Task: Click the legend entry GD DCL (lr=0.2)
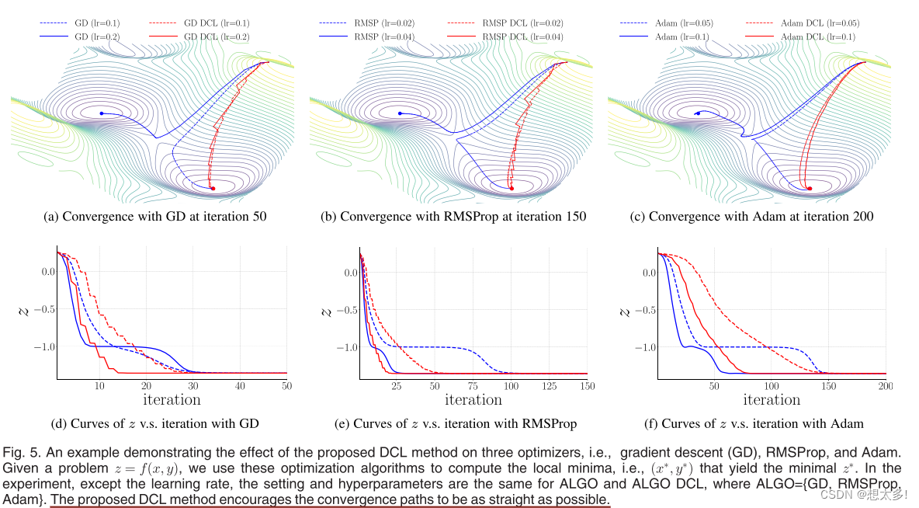(x=217, y=36)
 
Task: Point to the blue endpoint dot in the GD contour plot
(x=101, y=114)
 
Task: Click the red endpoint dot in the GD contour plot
(x=213, y=189)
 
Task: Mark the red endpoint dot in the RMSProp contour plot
(x=512, y=188)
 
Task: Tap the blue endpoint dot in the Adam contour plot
(x=697, y=113)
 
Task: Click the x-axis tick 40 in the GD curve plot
(x=241, y=386)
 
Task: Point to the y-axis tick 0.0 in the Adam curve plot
(x=647, y=272)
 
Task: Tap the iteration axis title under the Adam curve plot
(x=772, y=399)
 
